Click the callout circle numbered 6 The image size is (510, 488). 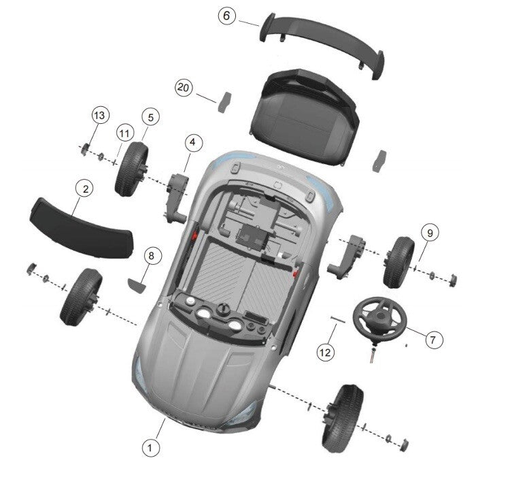[226, 16]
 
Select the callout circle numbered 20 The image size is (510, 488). [184, 88]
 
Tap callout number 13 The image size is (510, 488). [100, 115]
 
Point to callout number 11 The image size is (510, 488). [124, 133]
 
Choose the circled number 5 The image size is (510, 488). [150, 117]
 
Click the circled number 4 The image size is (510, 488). [193, 142]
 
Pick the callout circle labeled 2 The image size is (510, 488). [86, 189]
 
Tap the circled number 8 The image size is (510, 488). [151, 256]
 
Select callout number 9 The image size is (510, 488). [430, 233]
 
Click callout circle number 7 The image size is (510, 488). [433, 340]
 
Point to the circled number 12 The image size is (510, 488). [325, 353]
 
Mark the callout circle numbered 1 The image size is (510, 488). [150, 448]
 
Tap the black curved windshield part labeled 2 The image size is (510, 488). [82, 228]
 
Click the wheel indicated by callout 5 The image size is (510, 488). [131, 169]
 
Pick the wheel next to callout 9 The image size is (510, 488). [398, 263]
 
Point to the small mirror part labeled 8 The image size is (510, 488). [137, 285]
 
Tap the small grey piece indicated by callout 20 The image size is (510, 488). [224, 102]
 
